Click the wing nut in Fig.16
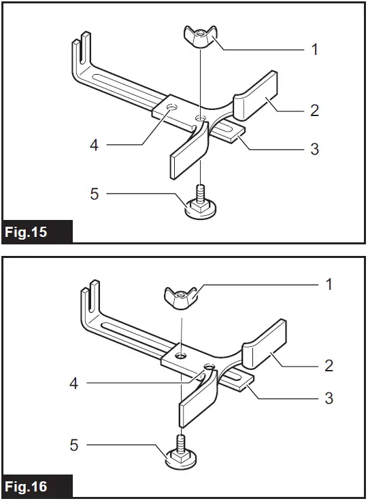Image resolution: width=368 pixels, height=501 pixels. tap(181, 297)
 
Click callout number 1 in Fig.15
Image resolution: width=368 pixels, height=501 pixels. tap(314, 49)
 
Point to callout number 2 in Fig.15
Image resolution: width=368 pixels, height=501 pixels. tap(314, 110)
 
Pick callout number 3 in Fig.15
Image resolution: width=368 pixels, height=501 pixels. tap(314, 148)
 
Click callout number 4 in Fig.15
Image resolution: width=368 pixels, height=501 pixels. tap(95, 145)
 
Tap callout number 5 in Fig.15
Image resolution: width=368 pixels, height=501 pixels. tap(95, 194)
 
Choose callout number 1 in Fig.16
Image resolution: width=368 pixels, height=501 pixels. tap(329, 284)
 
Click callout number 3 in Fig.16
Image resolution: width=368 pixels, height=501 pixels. tap(329, 398)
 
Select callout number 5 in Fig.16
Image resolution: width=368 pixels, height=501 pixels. tap(74, 445)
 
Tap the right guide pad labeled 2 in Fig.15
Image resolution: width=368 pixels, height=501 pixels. tap(256, 96)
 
